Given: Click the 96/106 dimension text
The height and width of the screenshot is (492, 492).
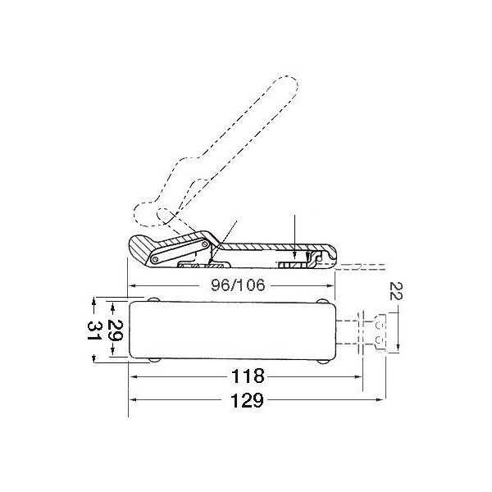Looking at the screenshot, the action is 238,285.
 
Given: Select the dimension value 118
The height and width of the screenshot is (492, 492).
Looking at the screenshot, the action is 248,376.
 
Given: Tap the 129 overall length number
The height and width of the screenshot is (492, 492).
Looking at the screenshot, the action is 247,400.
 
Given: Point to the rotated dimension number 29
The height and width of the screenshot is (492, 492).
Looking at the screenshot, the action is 115,330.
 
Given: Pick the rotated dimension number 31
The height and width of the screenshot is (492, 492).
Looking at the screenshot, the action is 94,331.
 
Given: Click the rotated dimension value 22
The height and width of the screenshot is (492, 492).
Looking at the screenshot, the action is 395,291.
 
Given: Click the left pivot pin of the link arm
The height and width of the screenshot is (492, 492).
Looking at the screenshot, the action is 155,259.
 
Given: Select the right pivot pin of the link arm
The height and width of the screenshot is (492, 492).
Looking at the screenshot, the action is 205,244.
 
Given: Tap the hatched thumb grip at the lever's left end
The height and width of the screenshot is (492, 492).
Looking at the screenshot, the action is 140,248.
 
